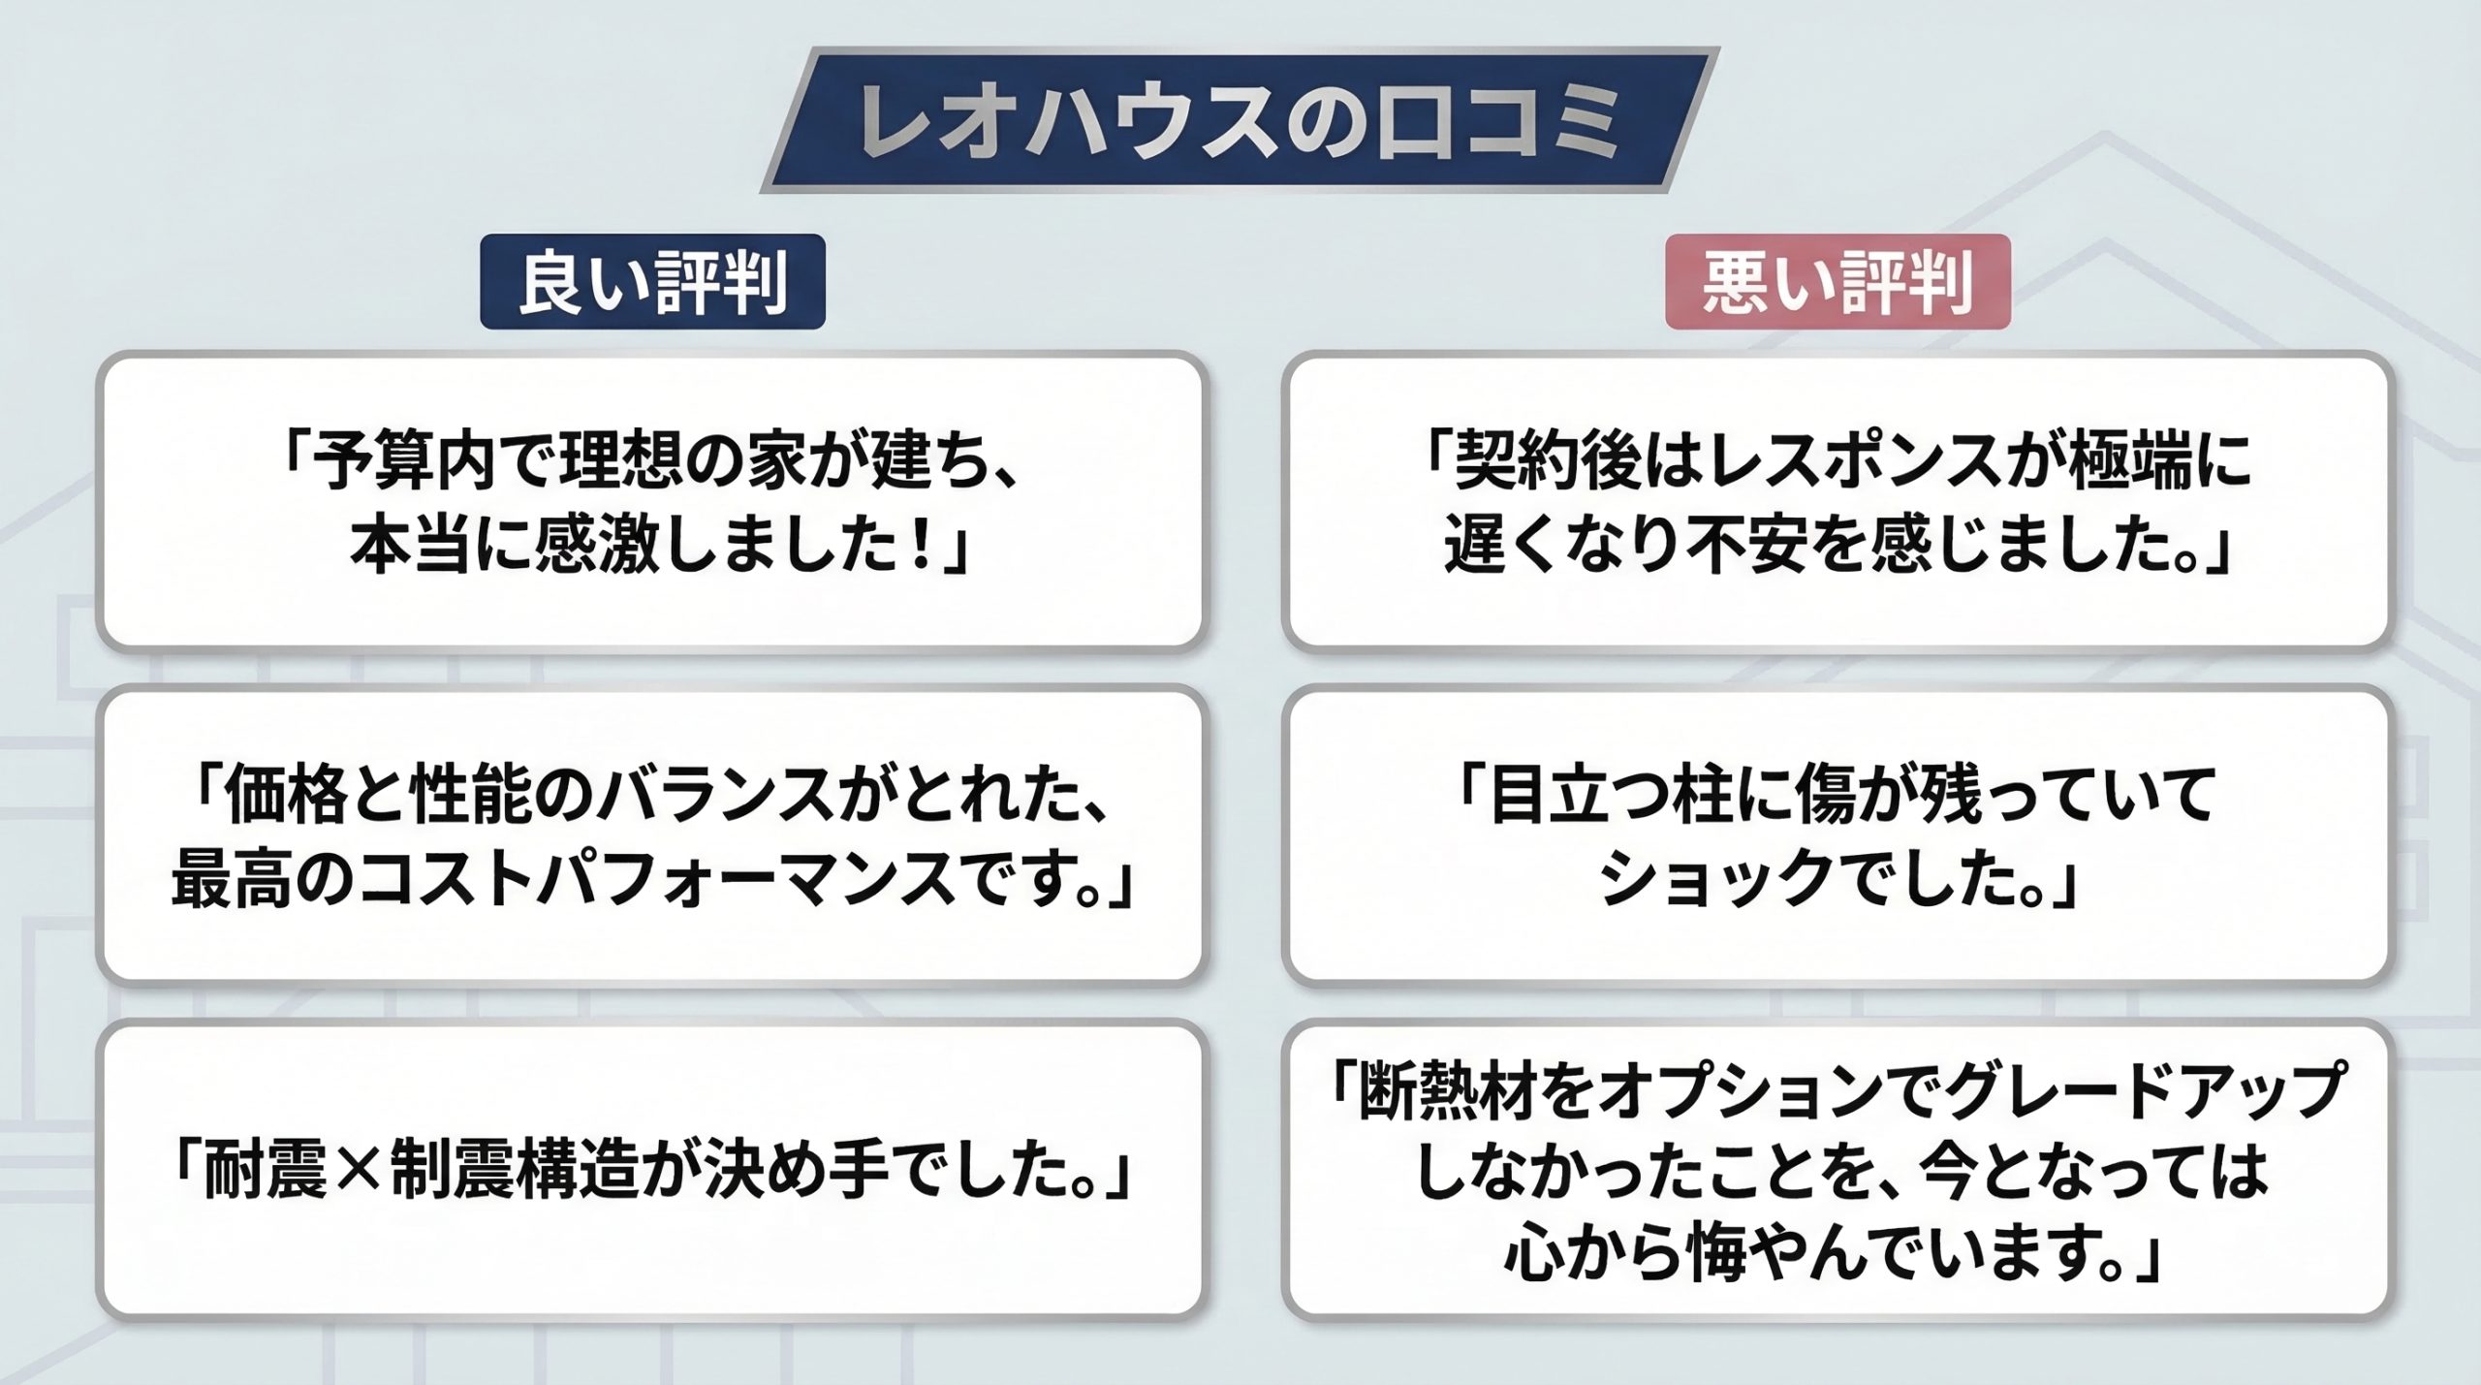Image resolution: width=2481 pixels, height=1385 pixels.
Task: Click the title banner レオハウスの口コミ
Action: (x=1240, y=120)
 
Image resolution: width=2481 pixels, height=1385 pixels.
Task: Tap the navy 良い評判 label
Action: (x=653, y=282)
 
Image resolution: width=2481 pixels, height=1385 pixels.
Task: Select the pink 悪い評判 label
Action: (x=1837, y=282)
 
